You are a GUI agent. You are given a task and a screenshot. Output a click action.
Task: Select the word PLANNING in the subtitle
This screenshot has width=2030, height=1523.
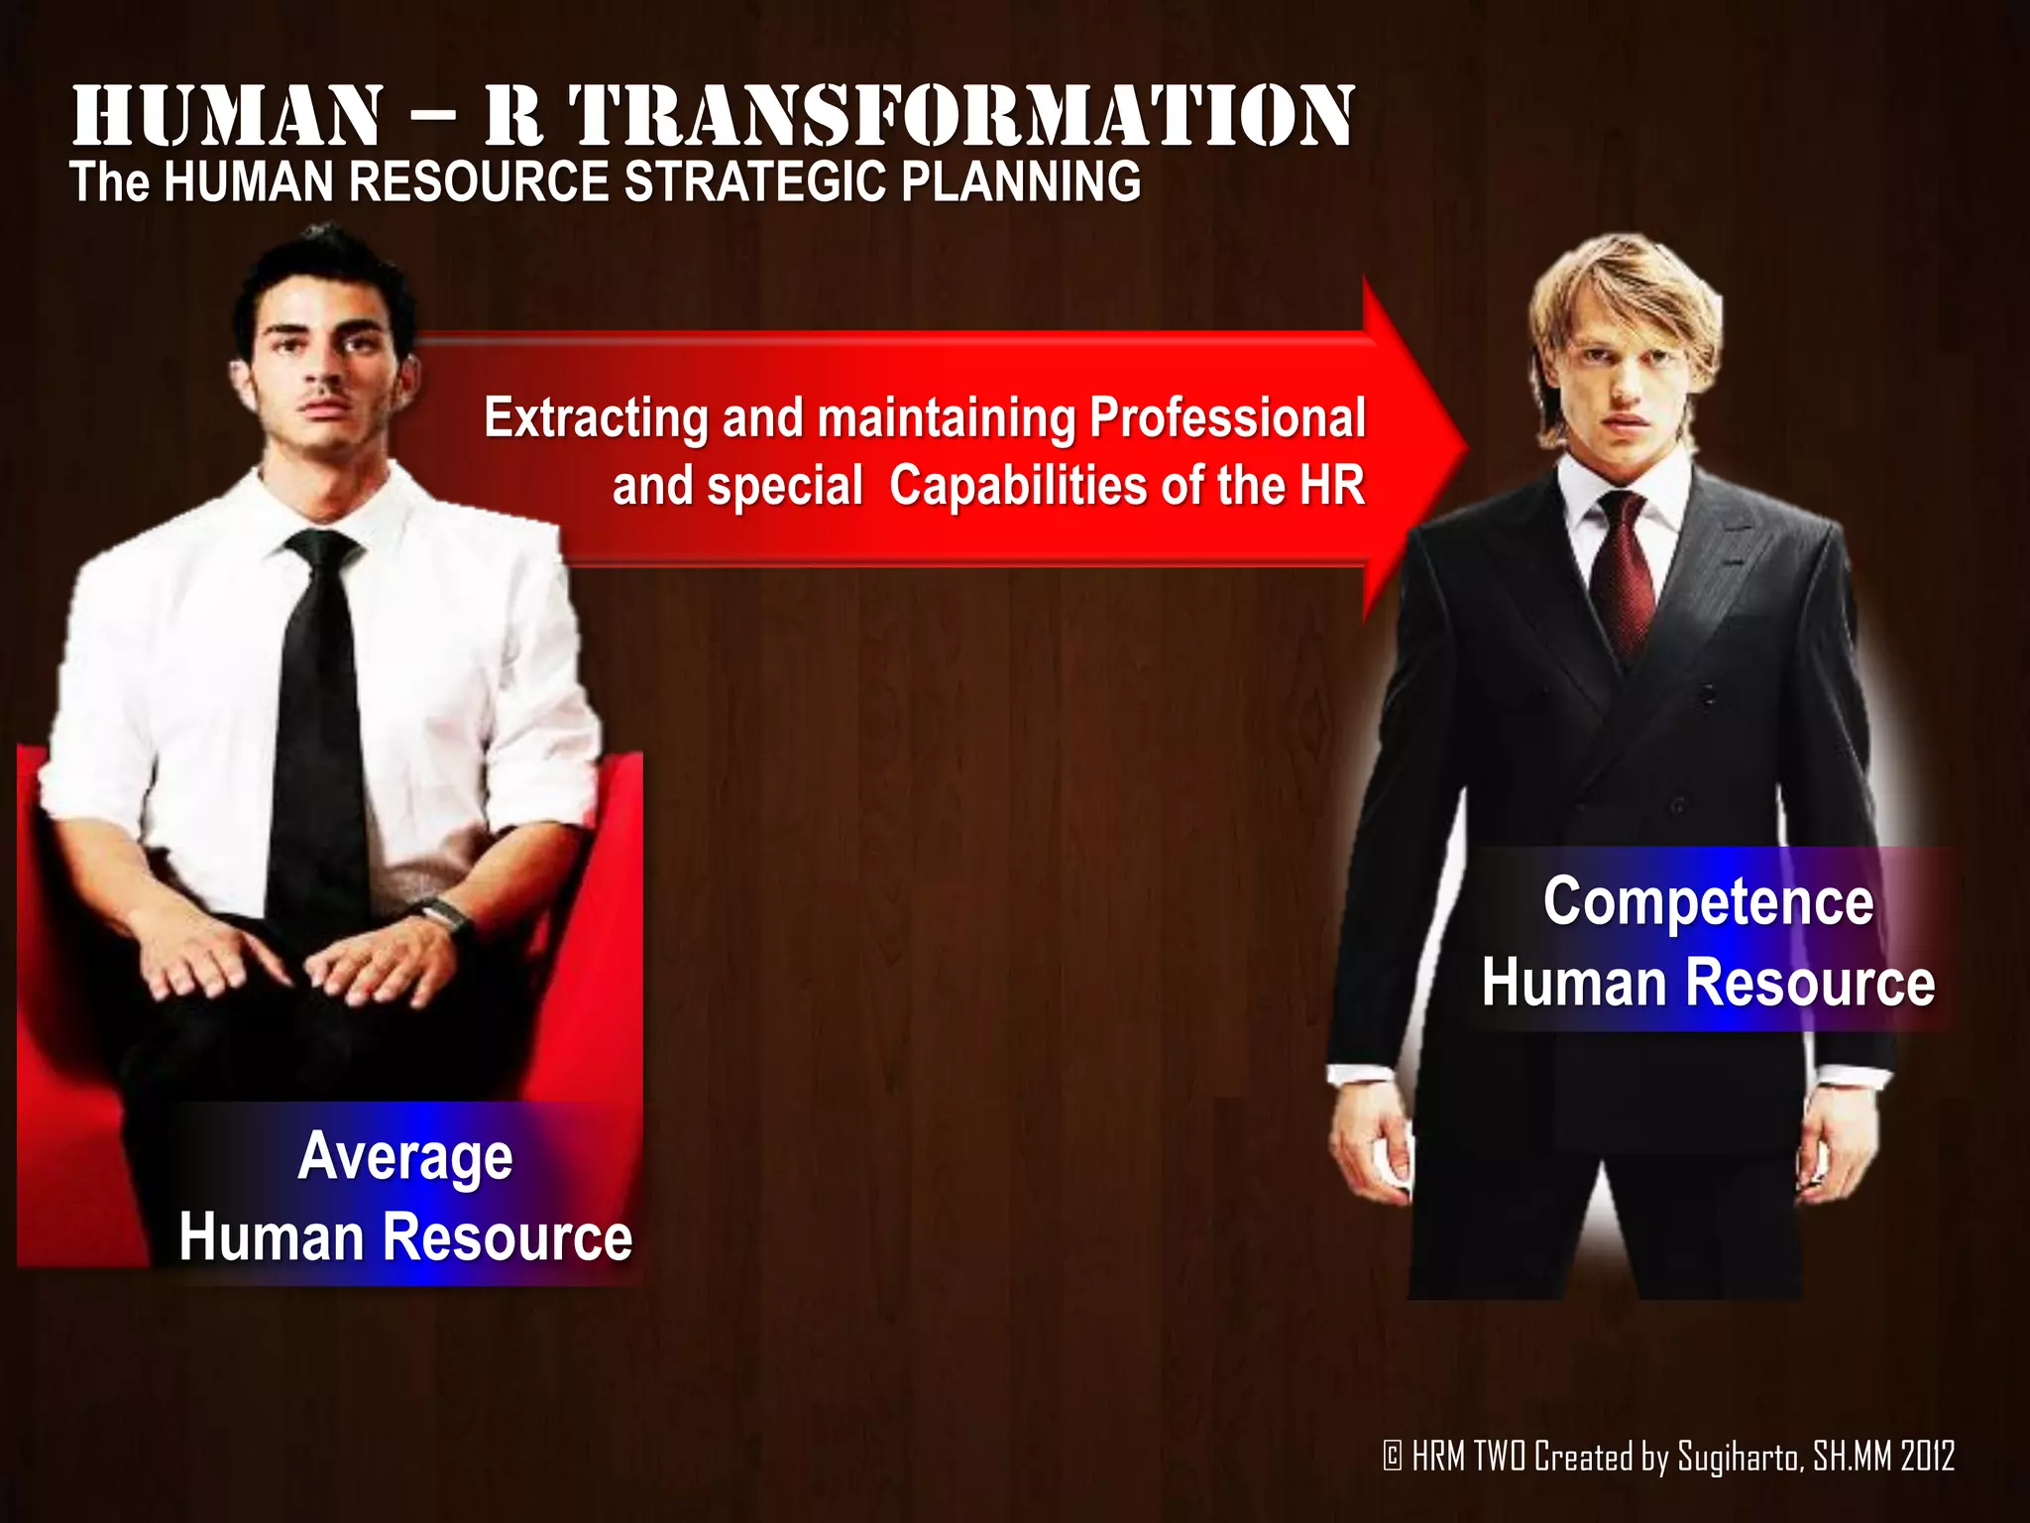[x=1021, y=182]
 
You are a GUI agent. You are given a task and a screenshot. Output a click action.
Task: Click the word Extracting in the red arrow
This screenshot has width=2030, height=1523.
[x=595, y=417]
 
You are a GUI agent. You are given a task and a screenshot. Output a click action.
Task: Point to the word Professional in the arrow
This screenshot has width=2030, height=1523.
[x=1227, y=417]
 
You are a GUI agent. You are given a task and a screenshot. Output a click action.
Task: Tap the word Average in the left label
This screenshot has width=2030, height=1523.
[x=405, y=1157]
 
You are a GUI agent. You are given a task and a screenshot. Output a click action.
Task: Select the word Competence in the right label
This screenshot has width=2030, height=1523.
[x=1708, y=901]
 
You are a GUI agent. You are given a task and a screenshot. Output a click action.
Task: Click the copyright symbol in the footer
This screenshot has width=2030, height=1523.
[x=1393, y=1457]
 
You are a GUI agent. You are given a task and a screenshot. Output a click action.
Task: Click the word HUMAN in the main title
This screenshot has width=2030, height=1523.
[x=226, y=117]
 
